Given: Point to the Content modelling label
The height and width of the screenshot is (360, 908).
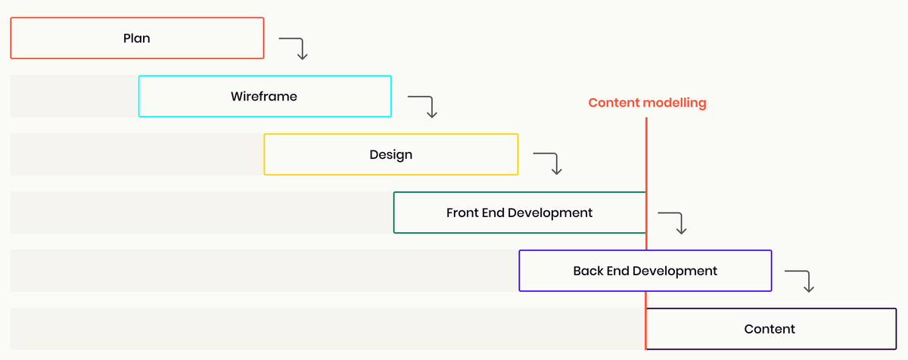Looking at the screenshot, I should [647, 103].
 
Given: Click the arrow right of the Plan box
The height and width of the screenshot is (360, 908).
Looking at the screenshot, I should [295, 47].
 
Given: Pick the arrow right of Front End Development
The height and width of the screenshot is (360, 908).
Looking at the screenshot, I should [674, 222].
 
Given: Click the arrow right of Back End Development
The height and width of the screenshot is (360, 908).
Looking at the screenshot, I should [801, 280].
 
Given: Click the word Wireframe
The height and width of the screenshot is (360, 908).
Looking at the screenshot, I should [264, 96].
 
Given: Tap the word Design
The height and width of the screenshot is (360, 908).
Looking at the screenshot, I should [391, 154].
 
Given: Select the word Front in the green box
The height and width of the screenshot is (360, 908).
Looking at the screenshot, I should [462, 213].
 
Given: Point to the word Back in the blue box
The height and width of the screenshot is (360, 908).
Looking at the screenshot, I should [588, 271].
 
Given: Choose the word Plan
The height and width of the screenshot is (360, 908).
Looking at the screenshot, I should [137, 38].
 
